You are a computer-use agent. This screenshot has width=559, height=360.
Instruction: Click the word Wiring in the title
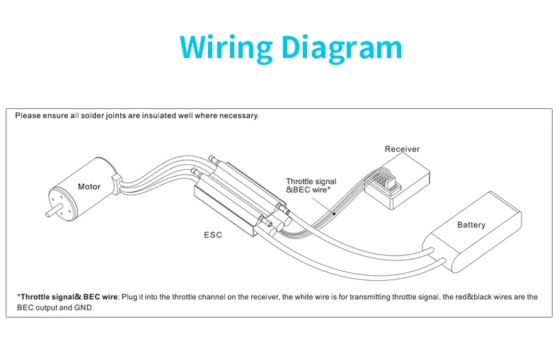226,47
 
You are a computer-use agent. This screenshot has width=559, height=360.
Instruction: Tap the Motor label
89,187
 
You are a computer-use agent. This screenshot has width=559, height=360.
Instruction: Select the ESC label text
212,235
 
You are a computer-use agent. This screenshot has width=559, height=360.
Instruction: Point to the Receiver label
402,149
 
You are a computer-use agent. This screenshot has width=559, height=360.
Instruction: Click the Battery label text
471,225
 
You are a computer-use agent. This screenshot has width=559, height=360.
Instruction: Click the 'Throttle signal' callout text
311,182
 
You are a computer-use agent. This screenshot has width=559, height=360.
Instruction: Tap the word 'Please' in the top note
28,115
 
